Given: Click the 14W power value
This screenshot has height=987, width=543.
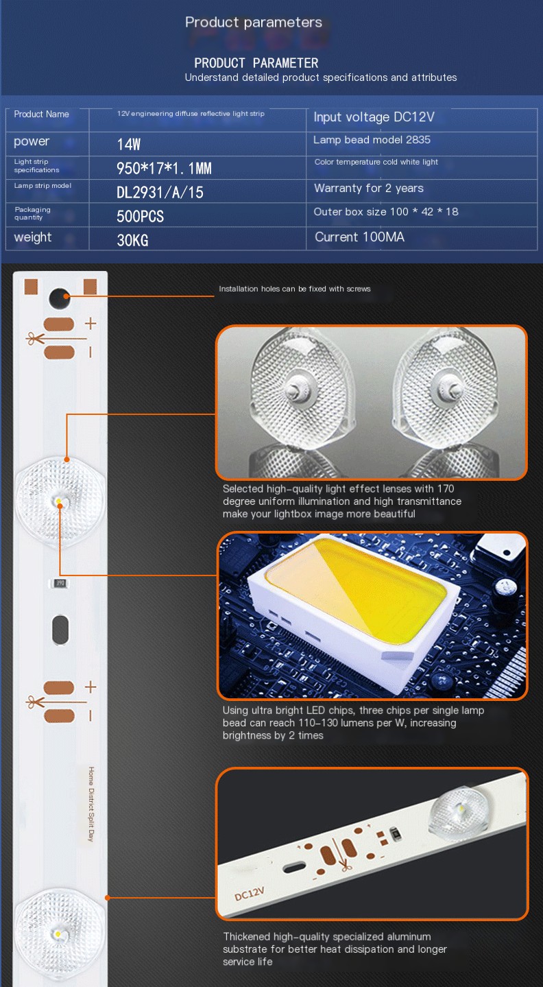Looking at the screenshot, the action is click(129, 144).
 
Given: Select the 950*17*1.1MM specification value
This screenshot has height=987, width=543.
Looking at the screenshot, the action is click(164, 168).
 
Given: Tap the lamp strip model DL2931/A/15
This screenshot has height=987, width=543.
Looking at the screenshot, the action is click(160, 193).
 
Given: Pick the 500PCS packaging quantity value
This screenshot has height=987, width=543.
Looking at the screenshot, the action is click(140, 216).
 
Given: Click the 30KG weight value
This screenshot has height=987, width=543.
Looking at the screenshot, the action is click(132, 240).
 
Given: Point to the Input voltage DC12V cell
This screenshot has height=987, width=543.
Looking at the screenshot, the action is click(374, 117).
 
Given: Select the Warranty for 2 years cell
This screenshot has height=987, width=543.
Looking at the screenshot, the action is click(369, 188).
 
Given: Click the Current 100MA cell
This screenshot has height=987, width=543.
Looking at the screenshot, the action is click(359, 237).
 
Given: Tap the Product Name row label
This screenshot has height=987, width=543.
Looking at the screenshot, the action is click(41, 114).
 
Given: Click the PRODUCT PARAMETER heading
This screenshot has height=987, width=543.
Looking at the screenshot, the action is click(256, 63).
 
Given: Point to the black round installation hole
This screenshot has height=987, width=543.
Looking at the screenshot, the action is click(60, 298).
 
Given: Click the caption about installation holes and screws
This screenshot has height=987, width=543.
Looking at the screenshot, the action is click(295, 289).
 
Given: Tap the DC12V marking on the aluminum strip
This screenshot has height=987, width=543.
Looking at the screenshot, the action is click(250, 893).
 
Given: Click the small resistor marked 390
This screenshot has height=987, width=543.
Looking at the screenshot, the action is click(60, 584).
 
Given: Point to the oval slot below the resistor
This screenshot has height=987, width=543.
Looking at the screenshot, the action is click(60, 630).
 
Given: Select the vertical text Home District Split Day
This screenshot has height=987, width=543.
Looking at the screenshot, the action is click(91, 805).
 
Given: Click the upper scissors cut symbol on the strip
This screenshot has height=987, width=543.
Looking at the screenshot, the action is click(35, 339).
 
